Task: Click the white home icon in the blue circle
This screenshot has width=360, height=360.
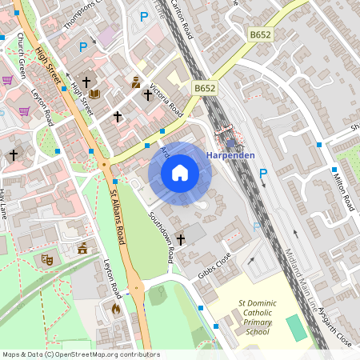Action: click(180, 173)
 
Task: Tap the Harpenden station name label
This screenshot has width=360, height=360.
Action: click(231, 154)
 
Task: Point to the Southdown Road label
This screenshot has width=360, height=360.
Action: click(161, 237)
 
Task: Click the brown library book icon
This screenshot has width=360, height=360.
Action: click(95, 94)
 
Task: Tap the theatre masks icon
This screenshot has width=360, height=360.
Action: click(46, 259)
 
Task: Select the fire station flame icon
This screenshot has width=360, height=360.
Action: click(116, 307)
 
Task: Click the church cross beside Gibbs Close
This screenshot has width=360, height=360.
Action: click(180, 239)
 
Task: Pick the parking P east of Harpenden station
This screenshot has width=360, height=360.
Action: click(262, 174)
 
